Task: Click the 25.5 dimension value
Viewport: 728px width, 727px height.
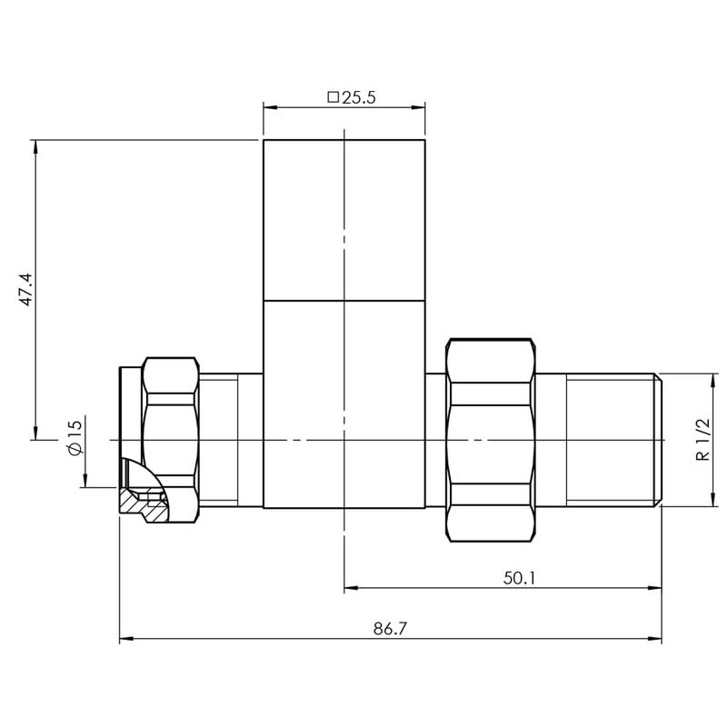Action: tap(358, 97)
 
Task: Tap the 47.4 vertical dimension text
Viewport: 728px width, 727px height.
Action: tap(26, 289)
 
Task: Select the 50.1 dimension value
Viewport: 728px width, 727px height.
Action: tap(519, 578)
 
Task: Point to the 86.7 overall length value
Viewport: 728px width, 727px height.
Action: tap(390, 629)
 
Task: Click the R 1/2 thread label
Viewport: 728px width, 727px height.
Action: tap(703, 439)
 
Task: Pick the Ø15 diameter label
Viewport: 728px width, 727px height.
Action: tap(75, 438)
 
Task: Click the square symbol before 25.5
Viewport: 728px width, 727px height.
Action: tap(334, 97)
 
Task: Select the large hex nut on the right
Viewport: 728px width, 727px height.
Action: tap(490, 440)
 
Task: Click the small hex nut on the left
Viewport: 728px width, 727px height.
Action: tap(171, 440)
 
